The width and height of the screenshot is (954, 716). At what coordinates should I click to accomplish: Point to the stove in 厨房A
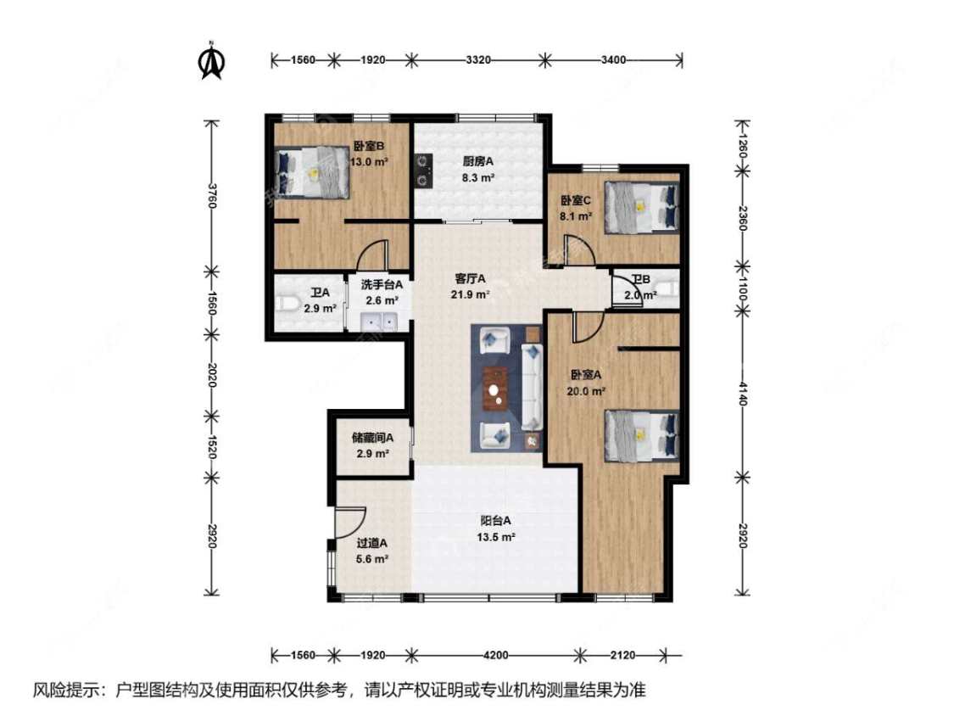pos(422,169)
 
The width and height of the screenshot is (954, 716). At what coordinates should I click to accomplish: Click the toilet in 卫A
pos(287,303)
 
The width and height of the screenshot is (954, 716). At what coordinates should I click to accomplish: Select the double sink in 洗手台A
pos(378,322)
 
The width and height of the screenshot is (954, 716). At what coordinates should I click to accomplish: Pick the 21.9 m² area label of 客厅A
pos(470,294)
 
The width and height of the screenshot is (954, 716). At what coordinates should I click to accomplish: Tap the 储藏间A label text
pos(373,439)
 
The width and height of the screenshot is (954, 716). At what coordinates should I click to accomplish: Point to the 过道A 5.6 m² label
pos(371,551)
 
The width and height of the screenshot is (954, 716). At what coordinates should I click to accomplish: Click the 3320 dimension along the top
pos(478,59)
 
